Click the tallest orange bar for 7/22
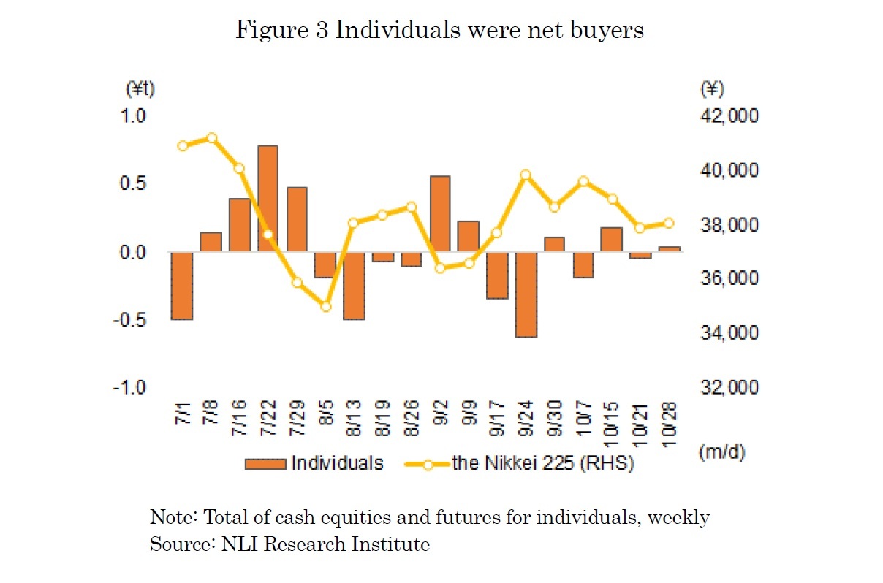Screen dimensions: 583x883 point(268,199)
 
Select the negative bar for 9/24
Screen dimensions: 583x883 point(526,294)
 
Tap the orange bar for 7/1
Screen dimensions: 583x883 point(181,286)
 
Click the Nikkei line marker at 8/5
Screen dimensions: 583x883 point(326,307)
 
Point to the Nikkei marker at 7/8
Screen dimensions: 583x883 point(211,138)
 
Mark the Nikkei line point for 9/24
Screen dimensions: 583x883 point(526,175)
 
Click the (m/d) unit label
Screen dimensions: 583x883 point(721,452)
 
